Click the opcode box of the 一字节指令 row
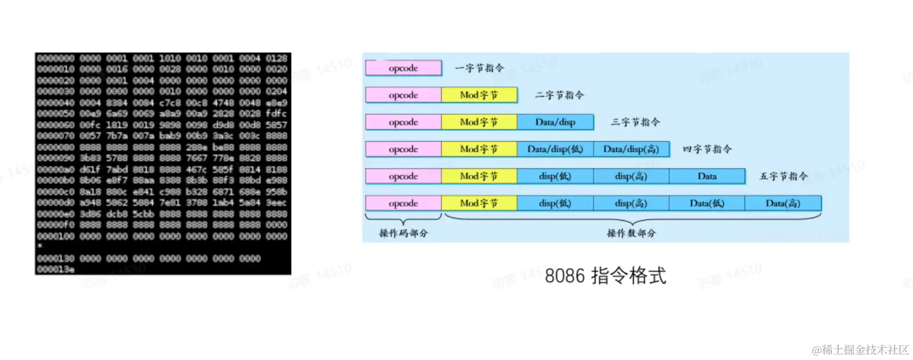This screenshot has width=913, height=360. [x=403, y=68]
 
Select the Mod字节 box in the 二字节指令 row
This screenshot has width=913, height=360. [x=479, y=95]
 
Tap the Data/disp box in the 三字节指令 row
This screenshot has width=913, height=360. [x=555, y=122]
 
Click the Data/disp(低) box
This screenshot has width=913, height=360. [x=555, y=149]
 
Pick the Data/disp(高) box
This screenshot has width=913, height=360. [x=631, y=149]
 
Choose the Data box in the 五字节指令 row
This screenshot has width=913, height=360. [x=707, y=176]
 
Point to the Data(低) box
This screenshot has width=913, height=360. [x=707, y=203]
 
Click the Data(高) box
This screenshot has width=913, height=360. [x=783, y=203]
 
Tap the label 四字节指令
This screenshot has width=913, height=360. [x=707, y=149]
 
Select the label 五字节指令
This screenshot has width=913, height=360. [x=783, y=176]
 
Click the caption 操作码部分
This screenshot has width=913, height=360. [x=403, y=233]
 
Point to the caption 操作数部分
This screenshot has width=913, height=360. [x=631, y=233]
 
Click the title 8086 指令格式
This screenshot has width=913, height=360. [x=605, y=276]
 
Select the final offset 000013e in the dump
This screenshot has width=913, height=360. [x=55, y=269]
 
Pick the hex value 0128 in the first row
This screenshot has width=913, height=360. [x=276, y=58]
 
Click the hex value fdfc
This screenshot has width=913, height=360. [x=276, y=114]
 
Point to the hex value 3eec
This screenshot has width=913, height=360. [x=276, y=202]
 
